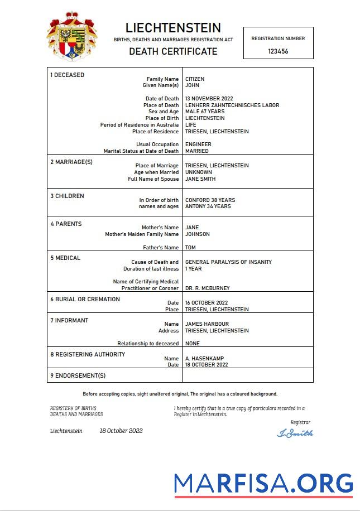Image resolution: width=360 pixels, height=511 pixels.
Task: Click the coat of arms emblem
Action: tap(71, 36)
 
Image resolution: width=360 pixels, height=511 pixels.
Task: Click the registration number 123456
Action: tap(278, 51)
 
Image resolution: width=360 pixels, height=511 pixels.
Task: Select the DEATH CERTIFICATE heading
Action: tap(173, 51)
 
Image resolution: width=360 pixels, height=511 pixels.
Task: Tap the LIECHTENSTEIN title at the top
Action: tap(173, 28)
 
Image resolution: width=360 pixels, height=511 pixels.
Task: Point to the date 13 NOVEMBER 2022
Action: tap(209, 99)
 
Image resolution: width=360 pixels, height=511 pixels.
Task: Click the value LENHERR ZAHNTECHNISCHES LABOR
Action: tap(232, 105)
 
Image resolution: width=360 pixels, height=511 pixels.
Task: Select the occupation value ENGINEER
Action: tap(198, 144)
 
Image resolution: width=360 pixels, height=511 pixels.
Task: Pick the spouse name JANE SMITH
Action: tap(200, 179)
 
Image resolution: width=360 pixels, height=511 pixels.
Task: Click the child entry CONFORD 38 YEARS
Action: tap(210, 200)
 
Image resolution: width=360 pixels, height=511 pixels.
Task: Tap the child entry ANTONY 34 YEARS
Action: tap(208, 206)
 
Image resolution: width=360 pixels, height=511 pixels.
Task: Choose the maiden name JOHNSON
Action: tap(198, 234)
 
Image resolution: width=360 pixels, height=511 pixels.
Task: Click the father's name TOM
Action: tap(190, 248)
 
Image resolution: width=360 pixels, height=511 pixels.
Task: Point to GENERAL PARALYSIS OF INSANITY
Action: tap(228, 262)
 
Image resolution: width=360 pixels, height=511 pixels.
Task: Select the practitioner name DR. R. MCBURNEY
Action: tap(207, 288)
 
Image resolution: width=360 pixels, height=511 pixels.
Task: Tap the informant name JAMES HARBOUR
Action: tap(207, 324)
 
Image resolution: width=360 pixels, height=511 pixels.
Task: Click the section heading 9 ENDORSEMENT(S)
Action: tap(78, 375)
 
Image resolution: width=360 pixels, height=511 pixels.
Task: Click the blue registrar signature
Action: tap(295, 433)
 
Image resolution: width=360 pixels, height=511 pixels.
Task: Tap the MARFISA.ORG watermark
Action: tap(263, 483)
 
